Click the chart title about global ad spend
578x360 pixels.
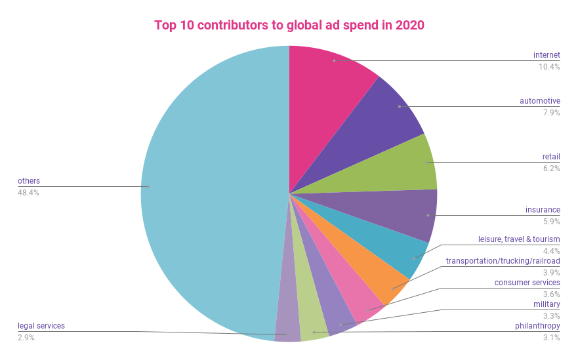click(289, 26)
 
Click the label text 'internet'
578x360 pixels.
click(547, 54)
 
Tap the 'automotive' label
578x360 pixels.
click(540, 101)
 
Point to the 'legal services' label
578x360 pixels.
click(41, 326)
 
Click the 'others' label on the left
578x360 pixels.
click(29, 181)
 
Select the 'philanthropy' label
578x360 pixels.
click(537, 326)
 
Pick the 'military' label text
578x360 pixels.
click(547, 304)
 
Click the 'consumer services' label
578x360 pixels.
click(527, 283)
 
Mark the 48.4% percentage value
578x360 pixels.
click(29, 193)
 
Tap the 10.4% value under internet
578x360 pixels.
click(549, 66)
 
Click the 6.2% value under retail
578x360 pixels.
click(551, 169)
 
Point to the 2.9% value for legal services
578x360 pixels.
click(26, 338)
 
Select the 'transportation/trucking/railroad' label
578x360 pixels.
click(503, 261)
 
